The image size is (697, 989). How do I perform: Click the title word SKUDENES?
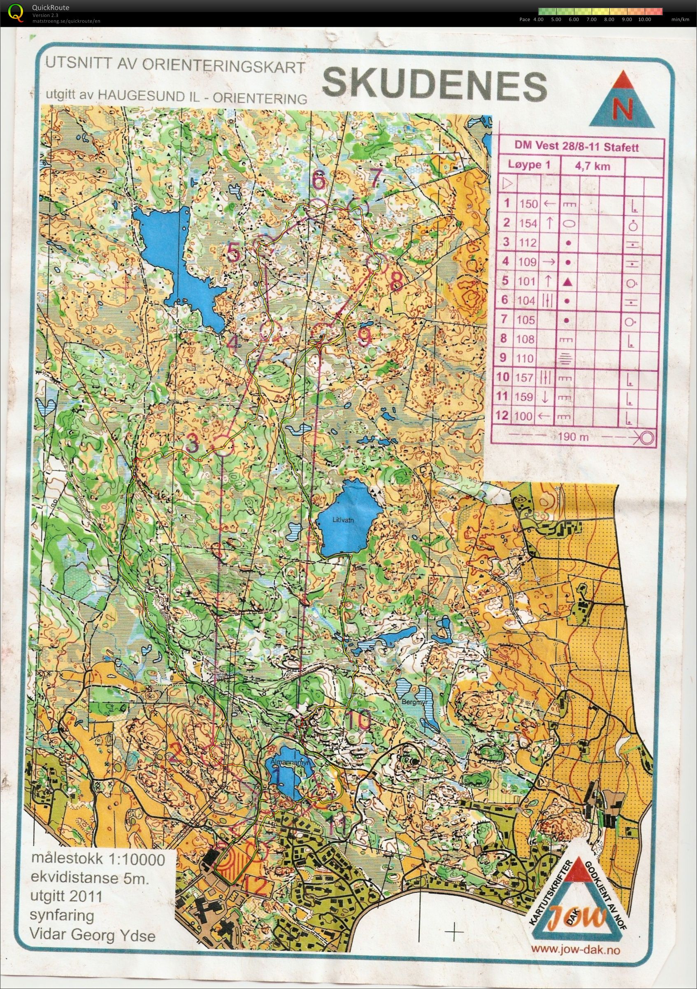point(434,85)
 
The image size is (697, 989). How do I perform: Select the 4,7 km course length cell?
point(591,166)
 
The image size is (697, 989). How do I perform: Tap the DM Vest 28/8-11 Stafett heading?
point(576,146)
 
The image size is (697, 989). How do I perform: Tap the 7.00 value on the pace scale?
point(590,20)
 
